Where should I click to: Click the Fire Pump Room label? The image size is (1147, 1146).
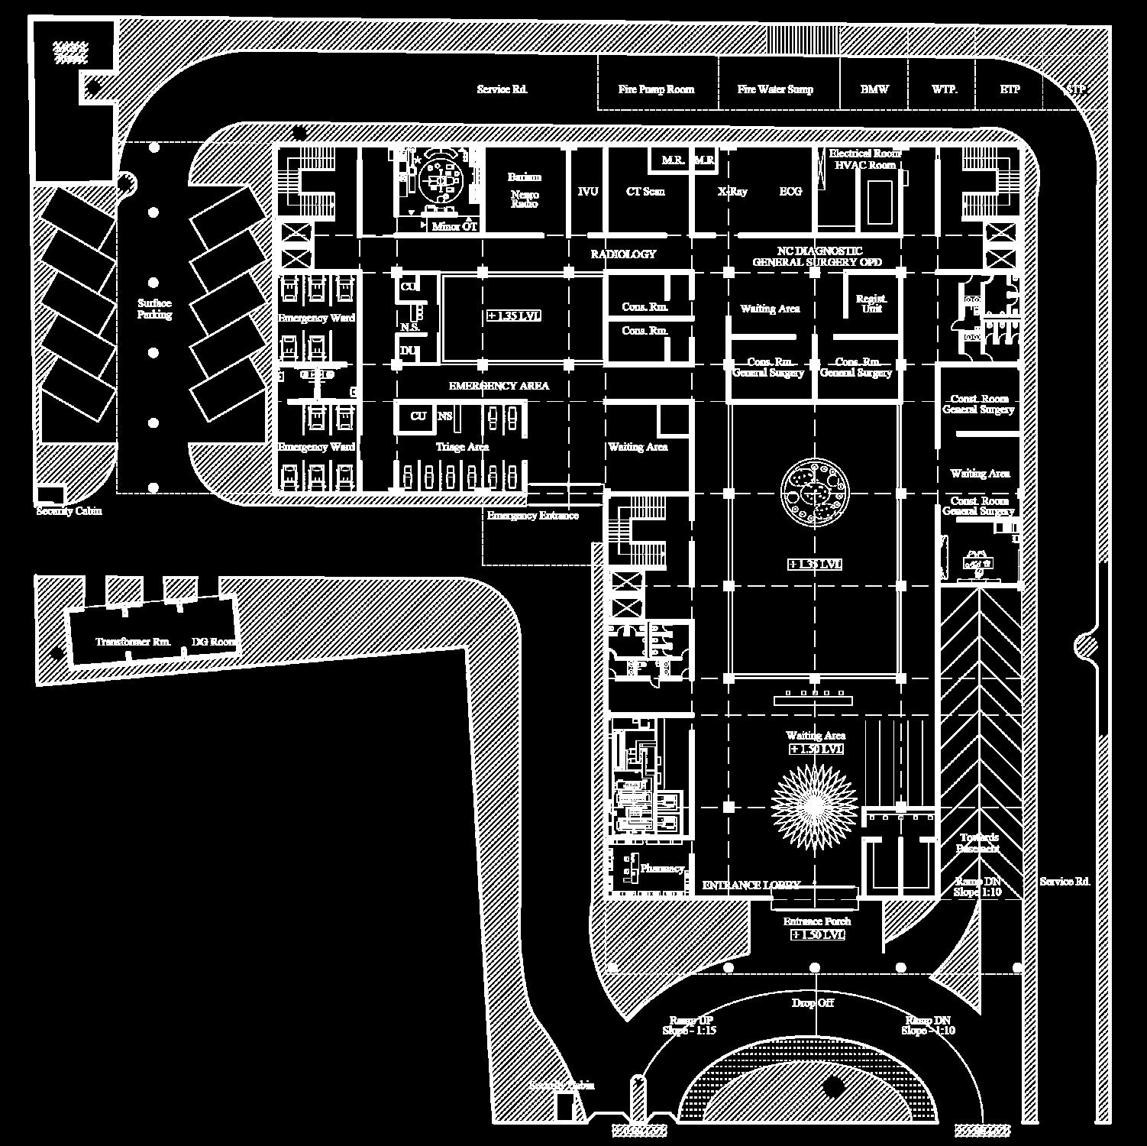[x=656, y=89]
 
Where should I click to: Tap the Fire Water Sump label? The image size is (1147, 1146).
[x=775, y=89]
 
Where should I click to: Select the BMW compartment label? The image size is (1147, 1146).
[x=874, y=89]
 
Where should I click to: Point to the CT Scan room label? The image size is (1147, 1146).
[x=645, y=192]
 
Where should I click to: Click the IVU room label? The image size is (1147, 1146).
[x=588, y=192]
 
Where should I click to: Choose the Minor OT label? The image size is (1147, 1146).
[x=454, y=227]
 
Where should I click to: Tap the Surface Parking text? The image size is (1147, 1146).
[x=154, y=309]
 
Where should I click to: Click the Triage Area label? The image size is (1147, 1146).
[x=462, y=447]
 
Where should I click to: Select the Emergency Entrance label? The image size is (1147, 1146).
[x=533, y=516]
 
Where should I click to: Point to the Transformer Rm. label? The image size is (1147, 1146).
[x=133, y=642]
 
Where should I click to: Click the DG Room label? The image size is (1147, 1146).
[x=213, y=642]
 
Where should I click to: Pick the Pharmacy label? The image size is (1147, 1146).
[x=661, y=869]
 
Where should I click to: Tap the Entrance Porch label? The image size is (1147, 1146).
[x=816, y=921]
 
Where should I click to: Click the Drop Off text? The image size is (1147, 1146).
[x=813, y=1003]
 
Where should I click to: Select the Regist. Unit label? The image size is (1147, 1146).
[x=871, y=303]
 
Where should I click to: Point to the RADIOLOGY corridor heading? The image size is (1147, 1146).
[x=623, y=254]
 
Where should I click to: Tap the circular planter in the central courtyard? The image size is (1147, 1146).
[x=815, y=493]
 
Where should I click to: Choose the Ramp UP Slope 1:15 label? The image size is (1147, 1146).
[x=689, y=1025]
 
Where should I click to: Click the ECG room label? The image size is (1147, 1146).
[x=790, y=192]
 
